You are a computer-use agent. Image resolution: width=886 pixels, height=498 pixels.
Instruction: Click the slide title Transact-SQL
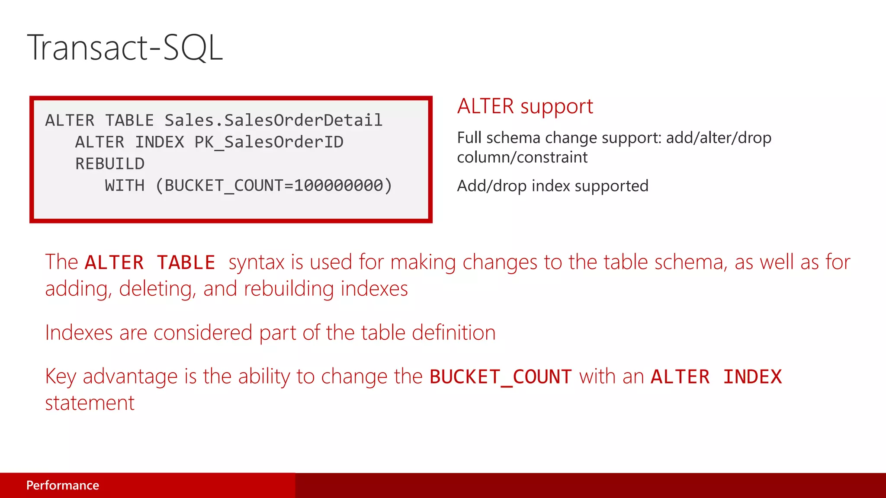(x=125, y=48)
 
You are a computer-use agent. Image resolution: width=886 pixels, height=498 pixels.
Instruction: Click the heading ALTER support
(x=525, y=106)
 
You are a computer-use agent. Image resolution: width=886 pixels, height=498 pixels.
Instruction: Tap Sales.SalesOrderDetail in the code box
(x=273, y=120)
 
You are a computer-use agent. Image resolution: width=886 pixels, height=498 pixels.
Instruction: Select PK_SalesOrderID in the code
(x=269, y=142)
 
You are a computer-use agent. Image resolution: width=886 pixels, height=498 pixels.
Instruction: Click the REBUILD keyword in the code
(x=110, y=164)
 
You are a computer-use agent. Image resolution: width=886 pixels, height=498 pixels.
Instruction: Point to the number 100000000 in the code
(x=339, y=186)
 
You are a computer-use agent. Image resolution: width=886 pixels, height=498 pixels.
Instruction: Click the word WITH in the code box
(x=125, y=186)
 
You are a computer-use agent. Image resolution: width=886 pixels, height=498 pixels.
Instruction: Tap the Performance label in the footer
(x=63, y=485)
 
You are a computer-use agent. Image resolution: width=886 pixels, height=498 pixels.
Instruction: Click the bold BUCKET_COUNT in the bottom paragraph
(x=501, y=377)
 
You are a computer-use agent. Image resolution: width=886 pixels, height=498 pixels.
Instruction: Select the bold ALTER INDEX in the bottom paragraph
(x=716, y=377)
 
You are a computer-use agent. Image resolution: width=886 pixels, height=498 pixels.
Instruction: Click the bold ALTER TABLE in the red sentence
(x=150, y=262)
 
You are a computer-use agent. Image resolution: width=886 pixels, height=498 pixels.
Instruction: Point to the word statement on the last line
(x=90, y=403)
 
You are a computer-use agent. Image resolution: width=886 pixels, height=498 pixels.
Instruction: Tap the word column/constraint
(x=522, y=157)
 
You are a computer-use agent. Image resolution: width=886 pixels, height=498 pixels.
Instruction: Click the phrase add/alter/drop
(x=719, y=138)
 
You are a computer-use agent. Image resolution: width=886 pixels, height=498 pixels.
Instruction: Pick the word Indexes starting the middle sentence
(x=79, y=333)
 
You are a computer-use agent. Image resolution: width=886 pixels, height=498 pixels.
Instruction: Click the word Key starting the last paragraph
(x=61, y=377)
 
